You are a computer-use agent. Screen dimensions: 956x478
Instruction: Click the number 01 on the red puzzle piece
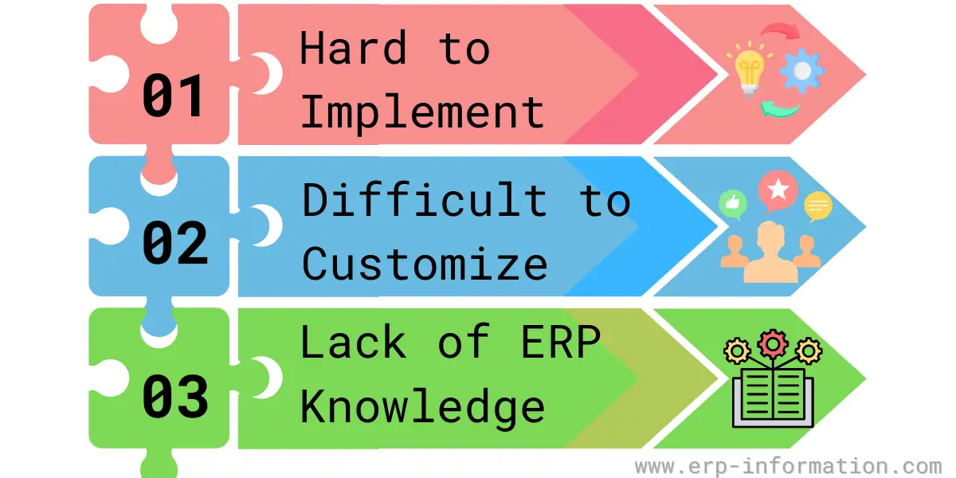[x=174, y=95]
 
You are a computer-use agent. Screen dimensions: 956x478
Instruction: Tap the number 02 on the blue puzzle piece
[x=175, y=243]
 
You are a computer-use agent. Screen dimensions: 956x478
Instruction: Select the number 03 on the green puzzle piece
[x=175, y=396]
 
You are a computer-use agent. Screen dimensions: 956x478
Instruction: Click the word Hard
[x=354, y=48]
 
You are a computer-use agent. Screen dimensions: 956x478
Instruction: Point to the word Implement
[x=422, y=112]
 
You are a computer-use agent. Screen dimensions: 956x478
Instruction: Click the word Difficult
[x=424, y=199]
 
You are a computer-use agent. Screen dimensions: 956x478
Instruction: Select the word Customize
[x=424, y=264]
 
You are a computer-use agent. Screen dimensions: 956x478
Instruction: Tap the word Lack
[x=354, y=342]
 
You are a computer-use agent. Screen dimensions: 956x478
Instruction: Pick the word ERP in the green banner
[x=561, y=342]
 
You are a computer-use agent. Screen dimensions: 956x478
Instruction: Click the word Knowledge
[x=422, y=408]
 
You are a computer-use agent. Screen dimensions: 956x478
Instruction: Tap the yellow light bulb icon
[x=750, y=69]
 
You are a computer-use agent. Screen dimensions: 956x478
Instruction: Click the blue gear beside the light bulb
[x=802, y=71]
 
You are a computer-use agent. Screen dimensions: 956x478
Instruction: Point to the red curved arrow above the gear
[x=781, y=30]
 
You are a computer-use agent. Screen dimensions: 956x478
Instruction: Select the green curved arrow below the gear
[x=779, y=109]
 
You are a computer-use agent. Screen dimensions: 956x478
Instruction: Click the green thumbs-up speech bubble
[x=733, y=205]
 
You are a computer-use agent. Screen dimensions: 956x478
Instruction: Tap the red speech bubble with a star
[x=778, y=190]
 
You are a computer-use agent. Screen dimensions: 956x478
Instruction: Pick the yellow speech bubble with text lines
[x=817, y=206]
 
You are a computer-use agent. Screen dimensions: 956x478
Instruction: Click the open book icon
[x=773, y=398]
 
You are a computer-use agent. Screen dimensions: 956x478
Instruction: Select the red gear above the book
[x=773, y=344]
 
